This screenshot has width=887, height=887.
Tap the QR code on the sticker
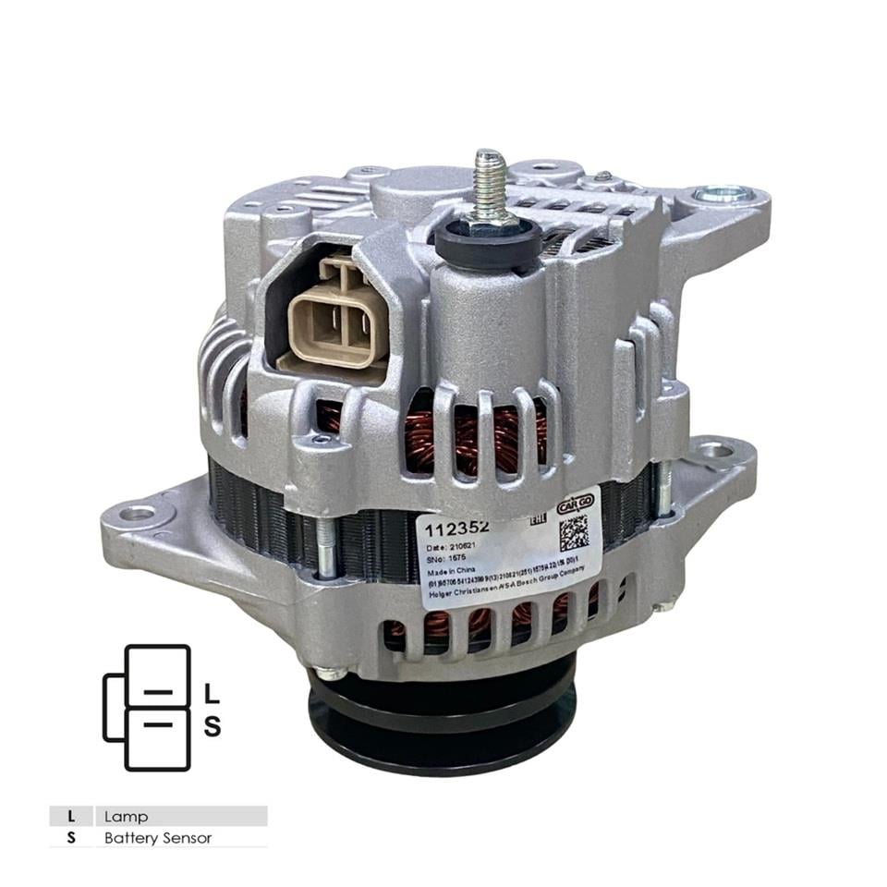(573, 532)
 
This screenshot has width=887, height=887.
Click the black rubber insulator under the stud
(487, 242)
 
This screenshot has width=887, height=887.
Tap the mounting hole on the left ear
(137, 513)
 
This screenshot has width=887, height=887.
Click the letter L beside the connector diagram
(212, 692)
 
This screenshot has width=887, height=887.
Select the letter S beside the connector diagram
(212, 727)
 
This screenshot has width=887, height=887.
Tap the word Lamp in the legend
(126, 817)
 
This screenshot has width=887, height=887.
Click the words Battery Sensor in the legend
(158, 838)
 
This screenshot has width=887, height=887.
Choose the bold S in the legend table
(71, 838)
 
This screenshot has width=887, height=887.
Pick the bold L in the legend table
(71, 817)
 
